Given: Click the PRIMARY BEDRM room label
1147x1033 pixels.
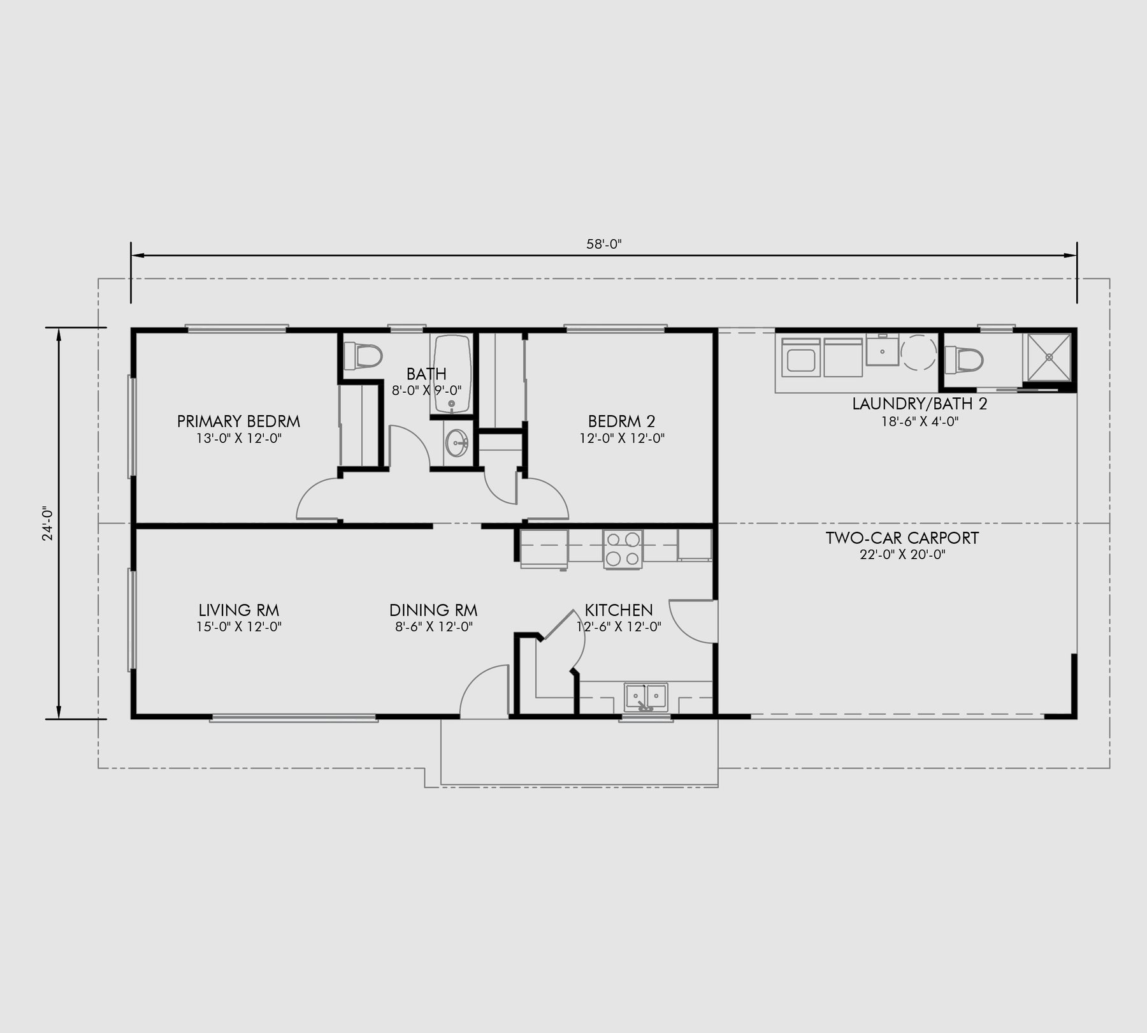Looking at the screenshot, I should [x=238, y=421].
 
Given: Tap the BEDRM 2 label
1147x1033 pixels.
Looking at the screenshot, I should [x=621, y=421].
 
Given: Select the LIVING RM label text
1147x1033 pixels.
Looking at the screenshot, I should [x=238, y=610].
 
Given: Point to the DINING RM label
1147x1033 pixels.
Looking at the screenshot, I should [x=433, y=610].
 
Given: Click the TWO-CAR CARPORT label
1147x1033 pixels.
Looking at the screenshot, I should [x=902, y=538].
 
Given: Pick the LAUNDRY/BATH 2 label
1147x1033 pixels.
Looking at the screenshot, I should [x=920, y=404].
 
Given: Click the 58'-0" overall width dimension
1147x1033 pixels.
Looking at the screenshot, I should [x=603, y=244].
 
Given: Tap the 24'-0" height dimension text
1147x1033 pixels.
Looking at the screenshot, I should [x=46, y=524].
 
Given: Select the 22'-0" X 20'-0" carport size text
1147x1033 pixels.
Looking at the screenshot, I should [x=902, y=555].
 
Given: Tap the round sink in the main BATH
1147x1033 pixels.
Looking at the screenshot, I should [x=456, y=442].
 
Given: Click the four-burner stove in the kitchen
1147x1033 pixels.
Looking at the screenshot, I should [x=623, y=549].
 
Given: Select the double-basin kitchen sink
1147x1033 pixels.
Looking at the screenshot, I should [x=646, y=696].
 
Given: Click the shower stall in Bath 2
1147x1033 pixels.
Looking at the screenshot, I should [x=1048, y=356].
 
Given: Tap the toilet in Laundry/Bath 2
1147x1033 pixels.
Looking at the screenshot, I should [x=963, y=360].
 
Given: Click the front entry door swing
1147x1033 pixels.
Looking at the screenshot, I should [x=484, y=692].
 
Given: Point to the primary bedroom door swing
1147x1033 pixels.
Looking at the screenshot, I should [x=319, y=501].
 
